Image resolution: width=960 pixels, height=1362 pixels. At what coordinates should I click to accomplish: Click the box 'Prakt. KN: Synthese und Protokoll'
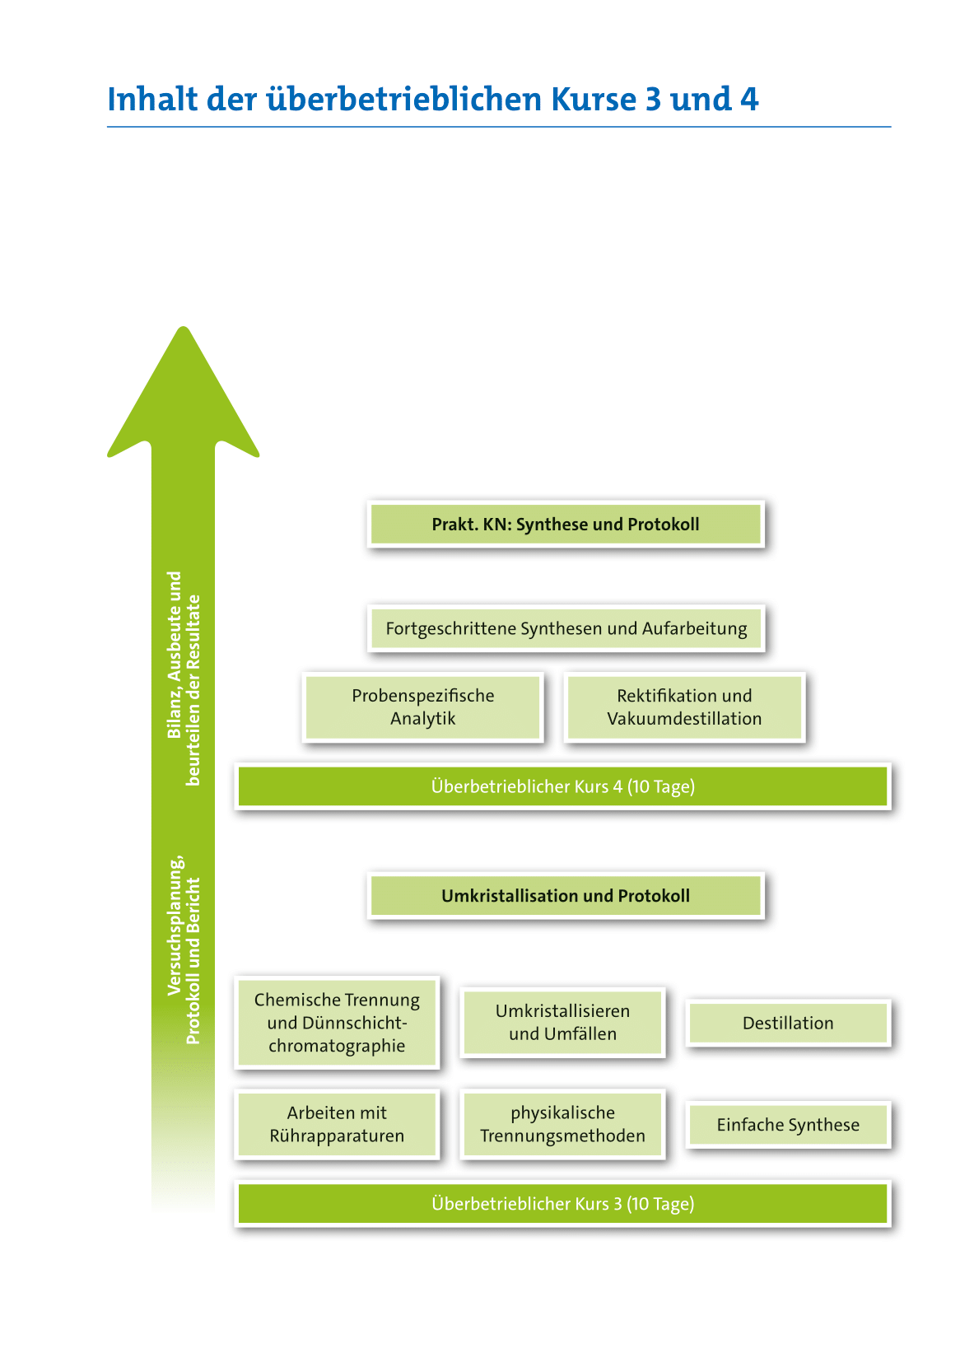[x=566, y=525]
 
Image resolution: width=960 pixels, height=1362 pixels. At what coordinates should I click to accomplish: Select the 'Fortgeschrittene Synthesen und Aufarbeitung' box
[x=566, y=628]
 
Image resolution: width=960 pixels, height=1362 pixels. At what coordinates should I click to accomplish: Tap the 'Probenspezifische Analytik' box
[x=423, y=707]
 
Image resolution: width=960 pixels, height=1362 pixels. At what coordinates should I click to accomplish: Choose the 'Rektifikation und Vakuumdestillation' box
[x=684, y=707]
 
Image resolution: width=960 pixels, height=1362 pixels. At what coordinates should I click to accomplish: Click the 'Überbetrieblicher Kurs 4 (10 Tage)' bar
[x=563, y=786]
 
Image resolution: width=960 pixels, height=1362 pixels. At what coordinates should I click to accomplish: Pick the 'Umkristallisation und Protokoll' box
[x=566, y=896]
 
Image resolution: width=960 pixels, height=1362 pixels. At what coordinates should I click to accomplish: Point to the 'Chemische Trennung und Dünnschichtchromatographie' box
[x=337, y=1023]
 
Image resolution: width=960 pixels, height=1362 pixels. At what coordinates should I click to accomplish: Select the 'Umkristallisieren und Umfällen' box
[x=562, y=1023]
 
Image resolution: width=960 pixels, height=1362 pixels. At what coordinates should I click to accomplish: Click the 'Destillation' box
[x=788, y=1024]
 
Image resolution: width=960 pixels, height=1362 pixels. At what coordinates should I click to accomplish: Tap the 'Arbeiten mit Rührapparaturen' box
[x=337, y=1125]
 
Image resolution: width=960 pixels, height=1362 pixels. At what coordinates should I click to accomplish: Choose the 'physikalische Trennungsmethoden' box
[x=562, y=1125]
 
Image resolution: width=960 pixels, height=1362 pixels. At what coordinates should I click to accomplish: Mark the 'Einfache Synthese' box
[x=788, y=1125]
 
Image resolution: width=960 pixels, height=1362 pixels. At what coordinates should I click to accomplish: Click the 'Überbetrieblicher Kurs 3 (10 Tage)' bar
[x=563, y=1204]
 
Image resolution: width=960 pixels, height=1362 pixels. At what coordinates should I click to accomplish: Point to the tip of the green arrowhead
[x=184, y=329]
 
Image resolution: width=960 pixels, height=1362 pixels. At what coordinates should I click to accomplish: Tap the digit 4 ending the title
[x=748, y=100]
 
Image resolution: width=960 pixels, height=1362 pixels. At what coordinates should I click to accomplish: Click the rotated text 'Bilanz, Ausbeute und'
[x=175, y=655]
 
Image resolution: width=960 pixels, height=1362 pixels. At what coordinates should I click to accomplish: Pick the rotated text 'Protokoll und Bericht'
[x=193, y=960]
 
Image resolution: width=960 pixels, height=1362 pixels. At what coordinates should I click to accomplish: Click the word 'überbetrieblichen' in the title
[x=403, y=100]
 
